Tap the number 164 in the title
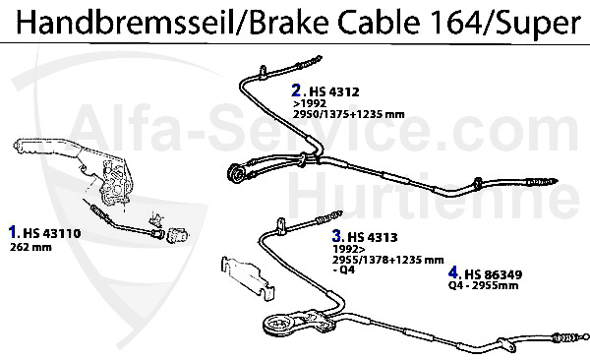444,22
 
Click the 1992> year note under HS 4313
345,249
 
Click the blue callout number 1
13,233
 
